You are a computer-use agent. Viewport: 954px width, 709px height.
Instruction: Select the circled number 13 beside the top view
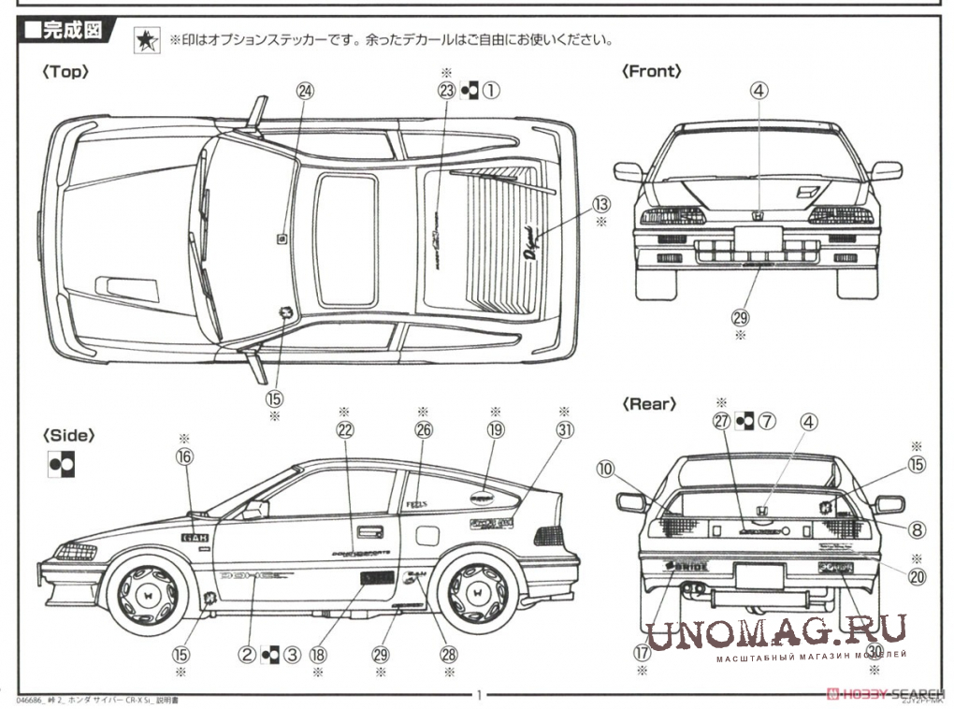coord(600,203)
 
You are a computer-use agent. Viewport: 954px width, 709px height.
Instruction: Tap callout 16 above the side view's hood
coord(184,456)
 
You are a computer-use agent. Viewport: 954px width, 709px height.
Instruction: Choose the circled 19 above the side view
coord(495,430)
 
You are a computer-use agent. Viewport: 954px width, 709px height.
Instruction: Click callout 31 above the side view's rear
coord(564,430)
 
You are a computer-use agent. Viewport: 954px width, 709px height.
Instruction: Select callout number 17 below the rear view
coord(642,652)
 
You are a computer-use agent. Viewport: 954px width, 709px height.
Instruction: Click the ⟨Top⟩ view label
coord(65,71)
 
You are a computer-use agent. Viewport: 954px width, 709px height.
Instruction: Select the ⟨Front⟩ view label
coord(652,71)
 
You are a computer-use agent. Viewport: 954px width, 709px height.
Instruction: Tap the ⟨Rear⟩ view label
coord(648,404)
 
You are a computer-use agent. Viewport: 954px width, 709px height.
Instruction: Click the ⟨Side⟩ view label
coord(68,435)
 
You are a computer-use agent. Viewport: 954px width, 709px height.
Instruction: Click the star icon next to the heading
coord(147,40)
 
